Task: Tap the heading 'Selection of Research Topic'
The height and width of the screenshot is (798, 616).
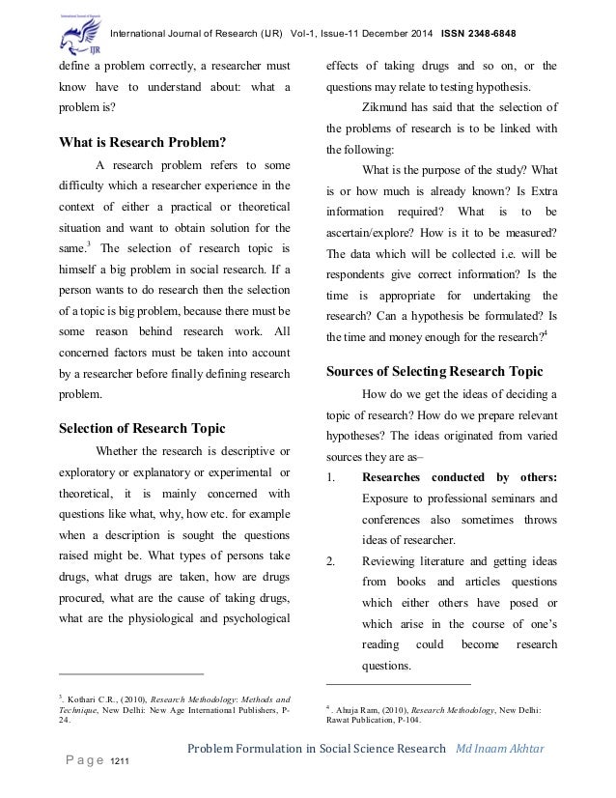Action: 142,428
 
